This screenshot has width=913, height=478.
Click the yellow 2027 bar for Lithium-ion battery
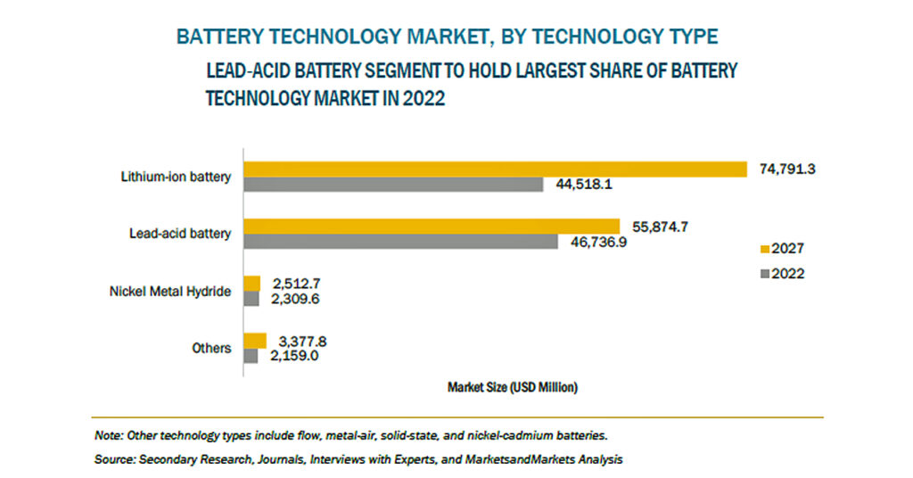(495, 169)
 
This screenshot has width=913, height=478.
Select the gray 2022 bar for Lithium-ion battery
(393, 185)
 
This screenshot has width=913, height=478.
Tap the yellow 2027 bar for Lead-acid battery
(432, 227)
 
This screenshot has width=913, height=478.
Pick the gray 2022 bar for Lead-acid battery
(401, 242)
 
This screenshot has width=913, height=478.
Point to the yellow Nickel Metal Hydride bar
(252, 284)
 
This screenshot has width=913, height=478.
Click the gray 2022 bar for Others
(251, 356)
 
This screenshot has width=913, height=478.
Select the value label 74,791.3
(787, 169)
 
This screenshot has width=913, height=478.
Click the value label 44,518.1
(581, 185)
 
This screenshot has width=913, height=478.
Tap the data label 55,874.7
(659, 227)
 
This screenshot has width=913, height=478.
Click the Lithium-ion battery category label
(177, 177)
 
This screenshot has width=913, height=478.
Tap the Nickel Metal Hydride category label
(170, 291)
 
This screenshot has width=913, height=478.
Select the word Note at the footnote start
(109, 436)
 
